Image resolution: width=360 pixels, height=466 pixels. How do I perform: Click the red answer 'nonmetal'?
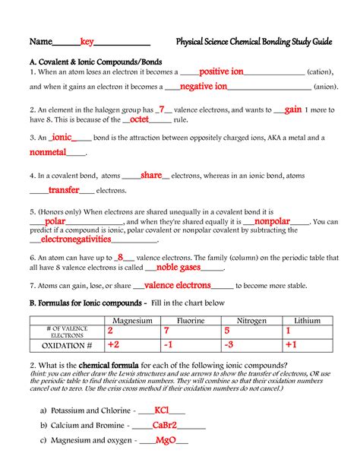(x=49, y=153)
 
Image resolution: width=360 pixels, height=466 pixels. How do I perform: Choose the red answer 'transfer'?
(x=64, y=190)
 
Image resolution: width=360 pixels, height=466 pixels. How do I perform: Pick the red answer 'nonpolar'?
(x=272, y=221)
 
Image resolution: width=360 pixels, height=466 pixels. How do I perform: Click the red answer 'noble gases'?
(x=178, y=268)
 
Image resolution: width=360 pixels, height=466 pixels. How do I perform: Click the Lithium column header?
(x=307, y=322)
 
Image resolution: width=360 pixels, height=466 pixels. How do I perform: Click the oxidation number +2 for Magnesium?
(x=113, y=345)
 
